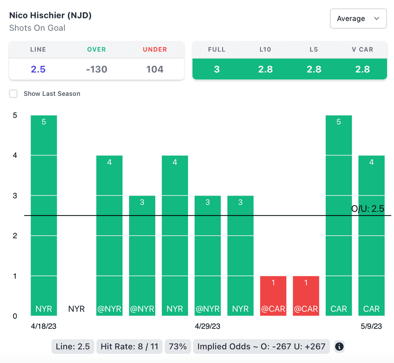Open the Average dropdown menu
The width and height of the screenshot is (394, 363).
click(x=358, y=18)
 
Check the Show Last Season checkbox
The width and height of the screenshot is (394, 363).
click(x=13, y=94)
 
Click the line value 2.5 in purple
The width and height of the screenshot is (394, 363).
click(x=38, y=69)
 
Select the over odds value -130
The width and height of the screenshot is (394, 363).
click(x=97, y=69)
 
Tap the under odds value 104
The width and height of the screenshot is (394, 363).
click(x=155, y=69)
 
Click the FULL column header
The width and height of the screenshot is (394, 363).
click(x=217, y=50)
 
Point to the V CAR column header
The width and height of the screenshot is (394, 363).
click(x=362, y=50)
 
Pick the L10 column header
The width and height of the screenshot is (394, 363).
click(x=265, y=50)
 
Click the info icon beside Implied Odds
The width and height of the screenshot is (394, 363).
click(x=339, y=346)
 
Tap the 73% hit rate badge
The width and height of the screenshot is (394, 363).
click(x=178, y=346)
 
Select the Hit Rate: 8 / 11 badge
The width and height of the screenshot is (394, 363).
click(x=129, y=346)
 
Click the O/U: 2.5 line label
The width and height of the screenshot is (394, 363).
click(x=367, y=209)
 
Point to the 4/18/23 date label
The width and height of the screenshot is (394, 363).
click(x=44, y=326)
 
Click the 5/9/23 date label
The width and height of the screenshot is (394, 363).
click(x=371, y=326)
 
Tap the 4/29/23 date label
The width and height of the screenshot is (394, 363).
click(x=208, y=326)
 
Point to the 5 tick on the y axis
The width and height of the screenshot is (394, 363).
click(x=15, y=115)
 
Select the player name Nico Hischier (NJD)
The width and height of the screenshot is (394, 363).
click(x=50, y=16)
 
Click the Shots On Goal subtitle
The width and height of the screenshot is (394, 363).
click(x=37, y=28)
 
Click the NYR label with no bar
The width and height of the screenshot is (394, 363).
click(x=76, y=309)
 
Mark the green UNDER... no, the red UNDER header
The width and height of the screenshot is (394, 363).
click(x=155, y=50)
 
